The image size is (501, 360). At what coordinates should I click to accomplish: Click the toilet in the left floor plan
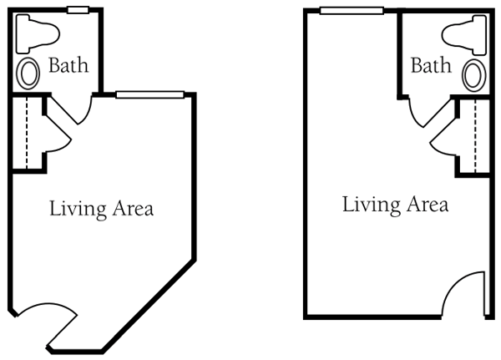(37, 33)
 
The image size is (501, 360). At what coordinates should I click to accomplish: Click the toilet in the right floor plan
(465, 34)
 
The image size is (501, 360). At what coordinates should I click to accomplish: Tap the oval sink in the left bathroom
(28, 74)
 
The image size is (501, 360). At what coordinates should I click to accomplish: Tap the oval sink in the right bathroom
(474, 75)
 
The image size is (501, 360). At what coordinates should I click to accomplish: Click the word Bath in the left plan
(68, 65)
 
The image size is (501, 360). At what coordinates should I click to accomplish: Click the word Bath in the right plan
(431, 65)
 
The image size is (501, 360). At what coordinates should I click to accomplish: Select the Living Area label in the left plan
(102, 208)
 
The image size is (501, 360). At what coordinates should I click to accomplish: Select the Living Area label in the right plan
(396, 205)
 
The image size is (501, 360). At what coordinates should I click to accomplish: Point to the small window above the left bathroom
(78, 10)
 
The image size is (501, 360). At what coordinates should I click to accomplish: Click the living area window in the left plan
(149, 94)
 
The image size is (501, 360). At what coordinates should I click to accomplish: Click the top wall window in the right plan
(352, 11)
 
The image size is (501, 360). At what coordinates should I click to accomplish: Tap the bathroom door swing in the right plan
(414, 119)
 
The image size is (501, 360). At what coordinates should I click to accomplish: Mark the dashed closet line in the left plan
(27, 133)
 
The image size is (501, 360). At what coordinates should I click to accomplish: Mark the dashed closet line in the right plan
(475, 136)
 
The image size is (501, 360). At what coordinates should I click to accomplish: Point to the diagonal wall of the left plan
(148, 307)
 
